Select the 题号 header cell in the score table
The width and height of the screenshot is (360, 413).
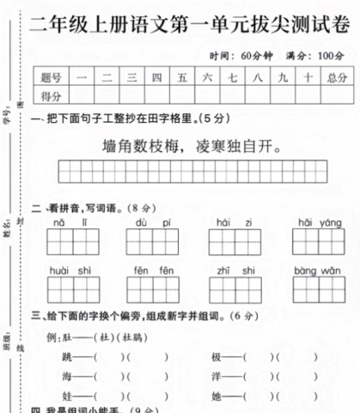click(51, 76)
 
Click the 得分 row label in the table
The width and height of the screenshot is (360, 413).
click(51, 94)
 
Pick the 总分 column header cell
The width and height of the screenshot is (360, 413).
click(336, 76)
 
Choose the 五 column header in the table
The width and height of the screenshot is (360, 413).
click(182, 76)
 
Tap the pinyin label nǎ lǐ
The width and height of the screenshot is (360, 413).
click(70, 222)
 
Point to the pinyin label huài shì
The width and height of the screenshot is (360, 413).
click(70, 270)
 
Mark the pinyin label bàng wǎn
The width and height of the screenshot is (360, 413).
click(319, 270)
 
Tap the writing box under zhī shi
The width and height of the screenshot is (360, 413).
click(235, 290)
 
